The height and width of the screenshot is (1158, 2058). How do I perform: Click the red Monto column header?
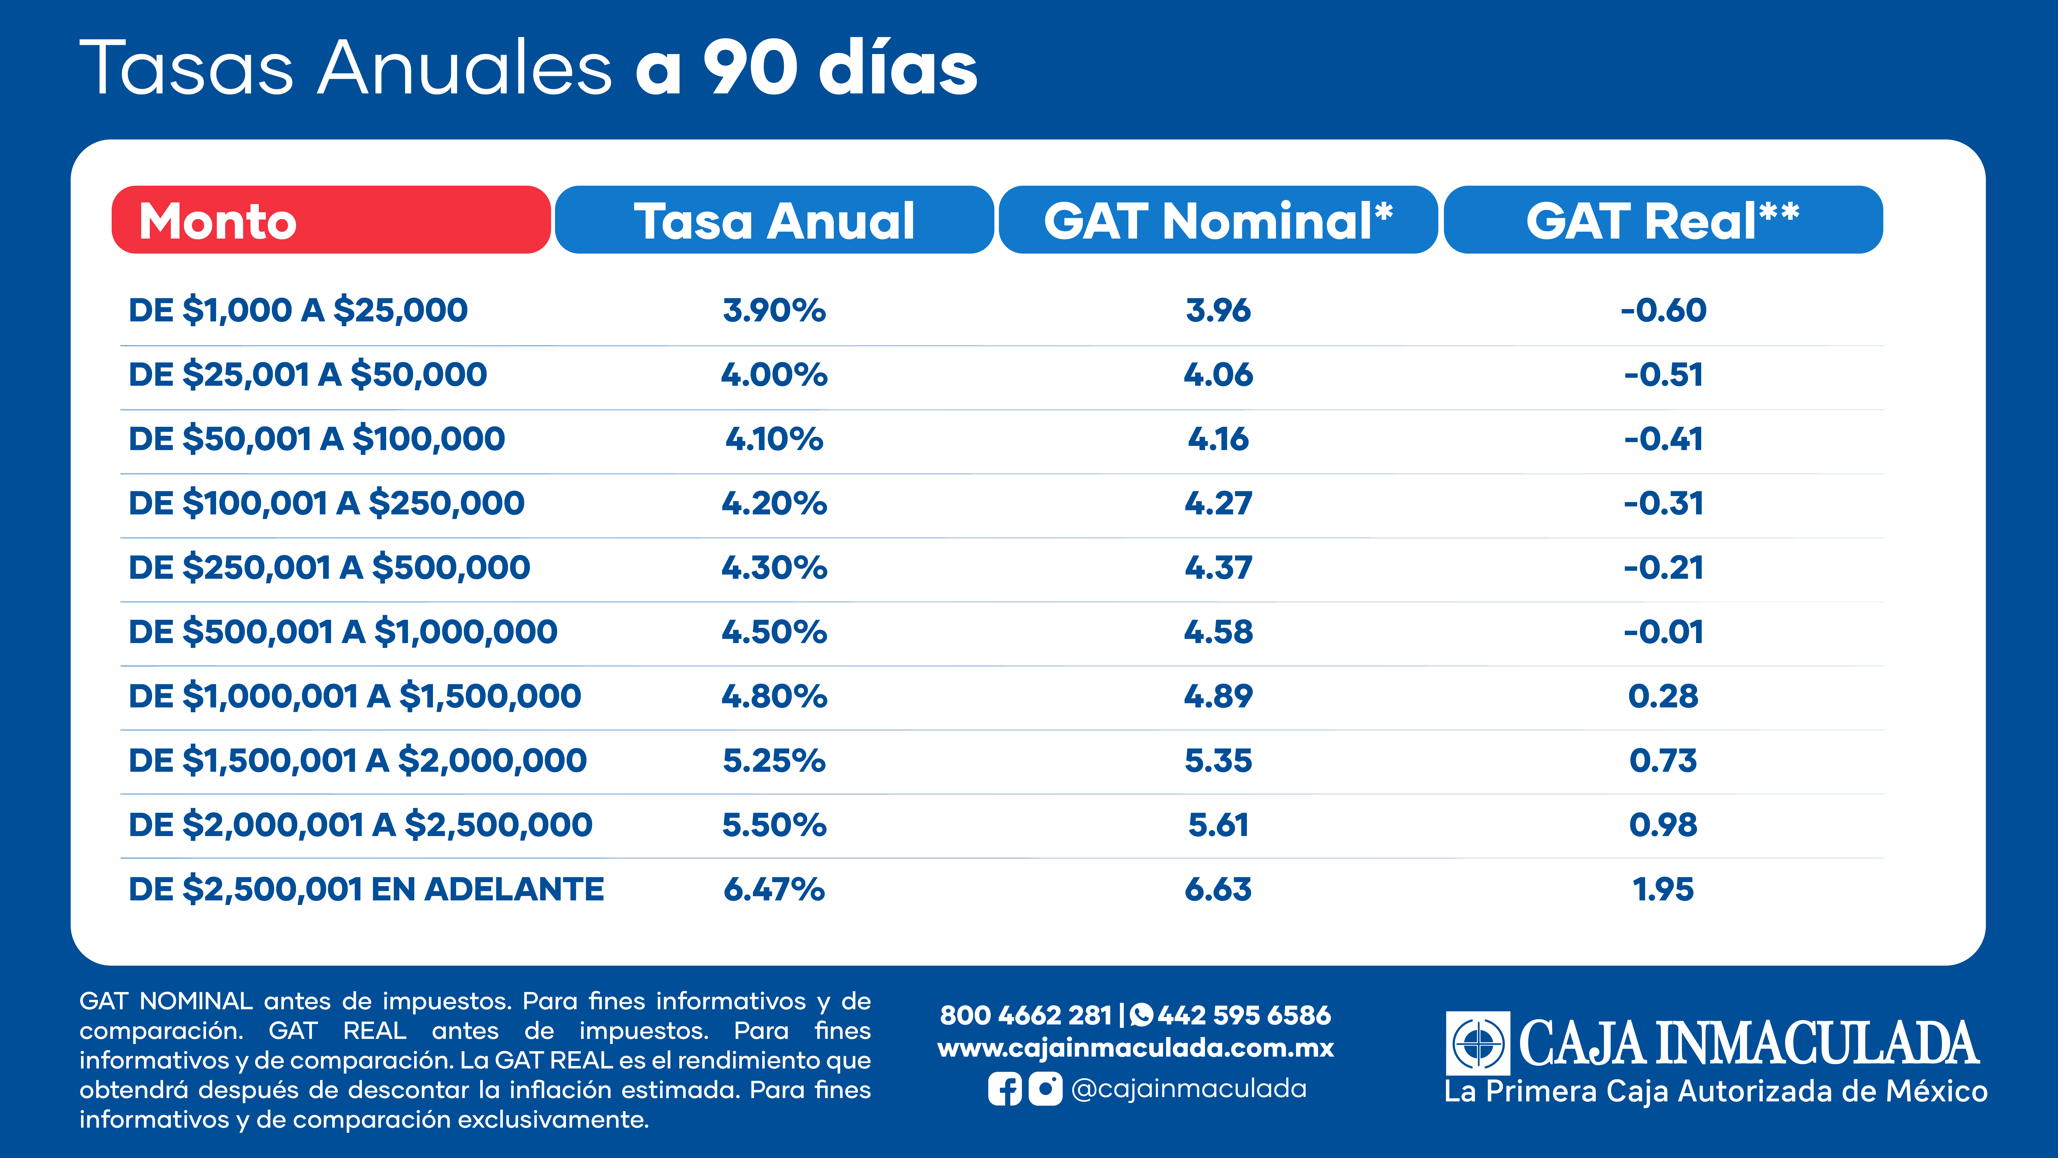point(331,220)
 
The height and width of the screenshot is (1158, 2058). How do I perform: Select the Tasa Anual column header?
point(774,220)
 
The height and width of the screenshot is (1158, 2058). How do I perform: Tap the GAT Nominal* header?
point(1218,220)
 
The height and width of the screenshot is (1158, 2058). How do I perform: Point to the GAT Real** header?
point(1663,220)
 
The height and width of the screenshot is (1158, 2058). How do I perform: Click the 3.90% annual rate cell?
point(774,310)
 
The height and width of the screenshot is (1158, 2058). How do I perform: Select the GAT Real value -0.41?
point(1663,439)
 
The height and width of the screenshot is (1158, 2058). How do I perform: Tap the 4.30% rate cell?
point(774,567)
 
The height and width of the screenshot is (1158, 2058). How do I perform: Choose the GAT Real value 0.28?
point(1663,696)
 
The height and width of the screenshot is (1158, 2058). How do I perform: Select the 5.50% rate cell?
point(774,825)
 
